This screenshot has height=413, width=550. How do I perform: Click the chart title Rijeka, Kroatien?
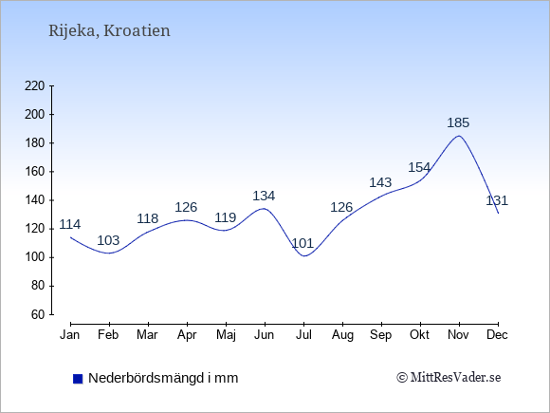[109, 31]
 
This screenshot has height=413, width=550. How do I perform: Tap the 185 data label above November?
[458, 122]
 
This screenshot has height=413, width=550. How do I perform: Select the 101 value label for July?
[302, 243]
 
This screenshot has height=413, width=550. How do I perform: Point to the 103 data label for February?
[108, 240]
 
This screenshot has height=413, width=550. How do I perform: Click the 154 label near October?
[419, 167]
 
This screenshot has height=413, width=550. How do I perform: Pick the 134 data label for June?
[264, 196]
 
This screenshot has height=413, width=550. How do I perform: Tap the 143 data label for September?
[380, 182]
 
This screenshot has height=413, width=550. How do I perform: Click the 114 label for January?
[70, 224]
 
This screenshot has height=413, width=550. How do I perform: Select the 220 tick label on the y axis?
[35, 85]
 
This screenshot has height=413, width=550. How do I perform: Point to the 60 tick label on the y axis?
[38, 314]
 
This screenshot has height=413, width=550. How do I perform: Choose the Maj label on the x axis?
[226, 335]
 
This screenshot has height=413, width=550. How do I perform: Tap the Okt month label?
[419, 335]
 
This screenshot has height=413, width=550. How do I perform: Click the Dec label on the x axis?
[498, 335]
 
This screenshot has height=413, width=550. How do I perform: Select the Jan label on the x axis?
[70, 335]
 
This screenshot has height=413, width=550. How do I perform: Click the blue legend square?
[78, 379]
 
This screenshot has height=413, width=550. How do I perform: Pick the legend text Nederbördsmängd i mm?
[163, 378]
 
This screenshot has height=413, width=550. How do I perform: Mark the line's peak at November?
[459, 136]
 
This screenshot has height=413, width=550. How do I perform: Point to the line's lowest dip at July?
[303, 256]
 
